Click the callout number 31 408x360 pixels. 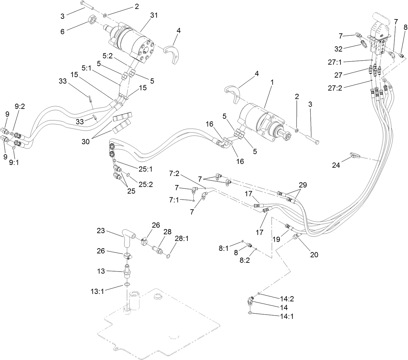[154, 15]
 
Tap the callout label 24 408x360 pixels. [336, 165]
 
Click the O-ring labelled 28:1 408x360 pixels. [168, 257]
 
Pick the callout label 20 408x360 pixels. [314, 255]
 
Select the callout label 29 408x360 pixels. [303, 185]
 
